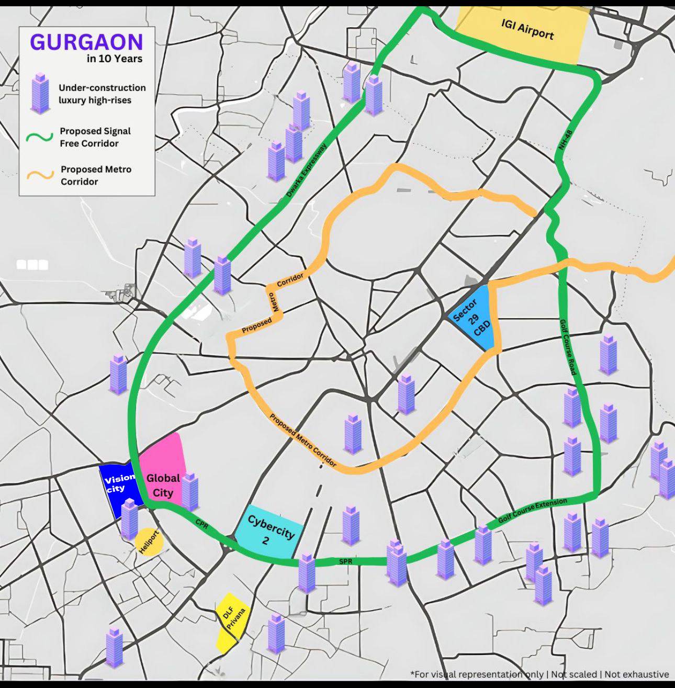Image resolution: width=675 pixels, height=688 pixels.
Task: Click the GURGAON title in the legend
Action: click(86, 42)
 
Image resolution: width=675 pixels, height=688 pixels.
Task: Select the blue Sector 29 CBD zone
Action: click(474, 318)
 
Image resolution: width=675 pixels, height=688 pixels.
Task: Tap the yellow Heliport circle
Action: click(149, 541)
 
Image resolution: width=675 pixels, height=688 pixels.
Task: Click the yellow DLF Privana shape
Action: click(231, 622)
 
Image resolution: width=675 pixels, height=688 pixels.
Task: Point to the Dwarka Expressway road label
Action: click(307, 171)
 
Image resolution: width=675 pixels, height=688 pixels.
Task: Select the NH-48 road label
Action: click(566, 140)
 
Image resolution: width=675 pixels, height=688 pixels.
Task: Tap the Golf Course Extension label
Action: click(532, 511)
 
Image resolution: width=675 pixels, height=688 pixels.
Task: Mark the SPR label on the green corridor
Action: click(345, 561)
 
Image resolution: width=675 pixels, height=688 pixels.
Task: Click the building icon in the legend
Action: click(40, 93)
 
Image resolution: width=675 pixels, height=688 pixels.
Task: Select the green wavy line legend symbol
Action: click(40, 137)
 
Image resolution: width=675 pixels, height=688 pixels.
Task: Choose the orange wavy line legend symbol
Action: click(40, 175)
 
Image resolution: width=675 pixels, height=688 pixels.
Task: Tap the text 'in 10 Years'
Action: click(114, 59)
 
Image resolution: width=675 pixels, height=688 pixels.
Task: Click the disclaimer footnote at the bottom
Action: click(539, 674)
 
